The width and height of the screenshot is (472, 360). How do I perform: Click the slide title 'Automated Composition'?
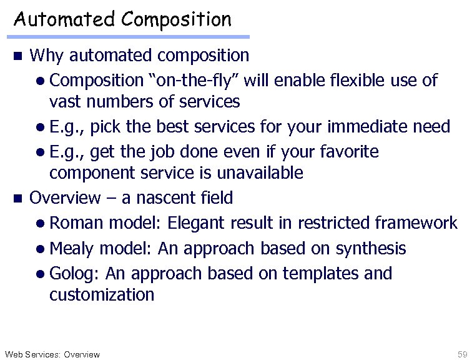[122, 19]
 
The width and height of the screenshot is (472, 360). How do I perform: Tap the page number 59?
[462, 354]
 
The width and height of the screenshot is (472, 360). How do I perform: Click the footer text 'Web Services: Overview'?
[52, 354]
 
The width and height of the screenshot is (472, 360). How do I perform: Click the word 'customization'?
[101, 294]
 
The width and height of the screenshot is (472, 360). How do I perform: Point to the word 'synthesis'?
[371, 249]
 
